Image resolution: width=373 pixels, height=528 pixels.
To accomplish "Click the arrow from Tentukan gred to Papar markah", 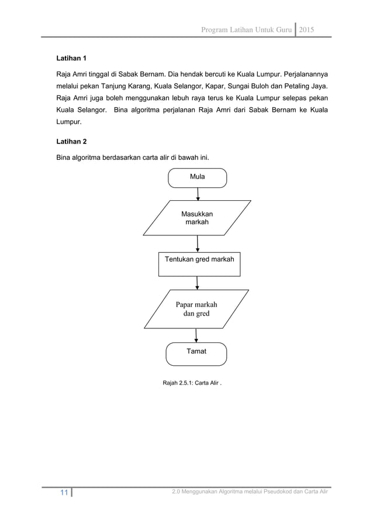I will click(198, 282).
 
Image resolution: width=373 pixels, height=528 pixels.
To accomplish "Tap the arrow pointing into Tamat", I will click(196, 335).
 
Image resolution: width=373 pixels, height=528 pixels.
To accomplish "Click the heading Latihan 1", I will click(71, 59).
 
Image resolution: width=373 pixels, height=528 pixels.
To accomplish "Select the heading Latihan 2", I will click(71, 141).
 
